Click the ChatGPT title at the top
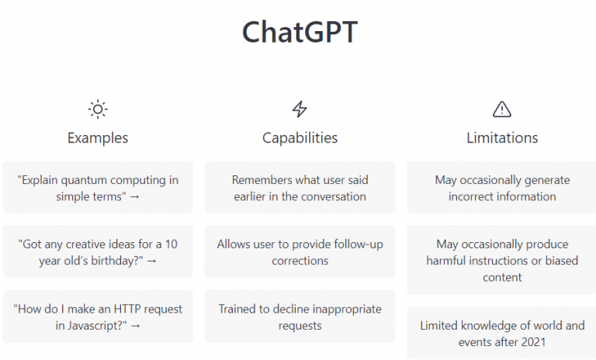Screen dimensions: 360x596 coord(300,33)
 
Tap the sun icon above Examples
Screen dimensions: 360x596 coord(98,109)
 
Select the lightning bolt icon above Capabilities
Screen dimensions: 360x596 coord(300,109)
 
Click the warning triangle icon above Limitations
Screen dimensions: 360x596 coord(502,109)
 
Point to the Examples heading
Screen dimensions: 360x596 coord(98,138)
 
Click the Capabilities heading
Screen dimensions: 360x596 coord(300,138)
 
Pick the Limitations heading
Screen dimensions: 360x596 coord(502,138)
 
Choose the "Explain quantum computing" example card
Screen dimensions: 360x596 coord(98,188)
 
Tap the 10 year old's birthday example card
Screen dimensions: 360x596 coord(98,252)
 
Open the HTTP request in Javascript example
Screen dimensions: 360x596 coord(98,317)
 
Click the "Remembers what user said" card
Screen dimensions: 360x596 coord(300,188)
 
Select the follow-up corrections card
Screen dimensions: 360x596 coord(300,252)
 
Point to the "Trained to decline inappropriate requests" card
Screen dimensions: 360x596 coord(300,317)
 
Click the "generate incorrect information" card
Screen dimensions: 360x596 coord(502,188)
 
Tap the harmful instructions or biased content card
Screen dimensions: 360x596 coord(502,261)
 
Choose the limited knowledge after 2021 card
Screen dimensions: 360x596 coord(502,333)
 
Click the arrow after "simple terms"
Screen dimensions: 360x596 coord(134,197)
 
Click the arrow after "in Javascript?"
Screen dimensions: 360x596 coord(136,326)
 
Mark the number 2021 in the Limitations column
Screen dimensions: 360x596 coord(532,341)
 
